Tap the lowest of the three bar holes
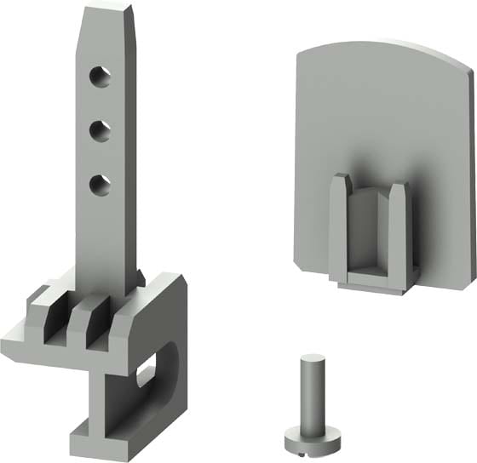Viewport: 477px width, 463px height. (x=101, y=183)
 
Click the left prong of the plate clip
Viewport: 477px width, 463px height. (x=339, y=226)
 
